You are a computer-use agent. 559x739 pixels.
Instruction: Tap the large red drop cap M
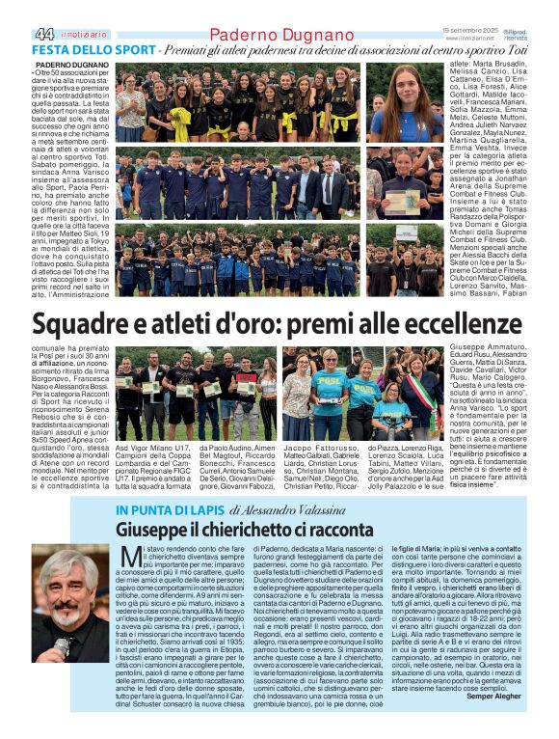click(x=129, y=558)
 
